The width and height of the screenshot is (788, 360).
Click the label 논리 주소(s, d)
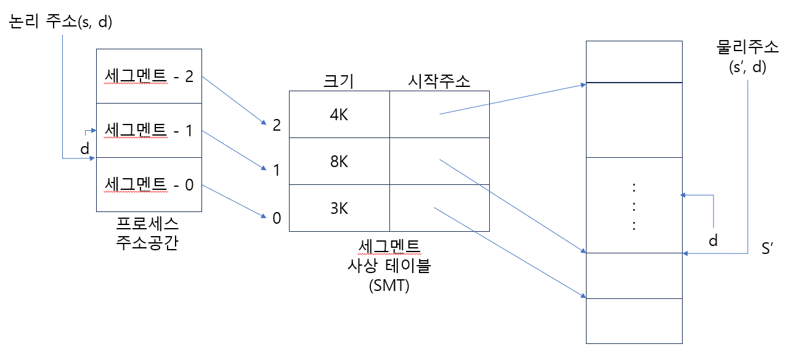(59, 22)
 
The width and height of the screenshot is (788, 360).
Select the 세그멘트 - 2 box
(149, 76)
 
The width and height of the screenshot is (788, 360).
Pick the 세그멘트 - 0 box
(149, 184)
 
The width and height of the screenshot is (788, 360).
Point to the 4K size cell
(339, 115)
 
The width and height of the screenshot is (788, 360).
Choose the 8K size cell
(339, 162)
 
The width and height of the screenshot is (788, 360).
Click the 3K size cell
(339, 208)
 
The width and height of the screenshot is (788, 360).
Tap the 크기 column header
(339, 81)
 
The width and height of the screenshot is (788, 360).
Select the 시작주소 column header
(439, 81)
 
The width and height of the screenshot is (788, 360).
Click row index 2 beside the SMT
(277, 125)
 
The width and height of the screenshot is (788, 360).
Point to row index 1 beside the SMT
(277, 170)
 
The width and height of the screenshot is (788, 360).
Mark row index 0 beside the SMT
(277, 218)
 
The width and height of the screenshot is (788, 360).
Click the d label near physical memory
(713, 240)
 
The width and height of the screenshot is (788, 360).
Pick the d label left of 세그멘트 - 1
(85, 149)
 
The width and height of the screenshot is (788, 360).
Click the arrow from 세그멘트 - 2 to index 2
(233, 100)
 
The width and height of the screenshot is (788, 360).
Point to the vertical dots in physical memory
(634, 206)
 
